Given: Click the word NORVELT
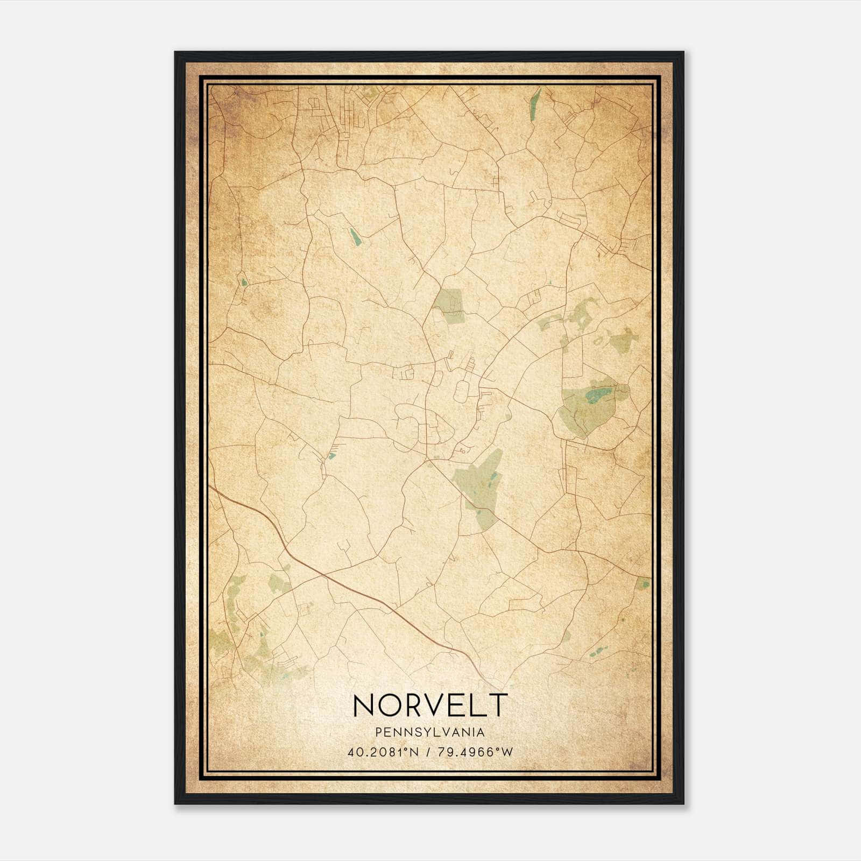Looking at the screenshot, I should (430, 705).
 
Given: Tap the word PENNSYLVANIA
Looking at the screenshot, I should (430, 732).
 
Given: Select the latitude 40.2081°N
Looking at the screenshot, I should (383, 752).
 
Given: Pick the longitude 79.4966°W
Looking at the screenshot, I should (472, 752).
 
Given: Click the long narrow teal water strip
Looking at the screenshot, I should (535, 99).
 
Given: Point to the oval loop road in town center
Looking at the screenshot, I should (461, 391).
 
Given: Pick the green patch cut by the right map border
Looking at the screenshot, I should (643, 583).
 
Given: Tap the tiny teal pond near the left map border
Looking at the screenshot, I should (244, 282).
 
